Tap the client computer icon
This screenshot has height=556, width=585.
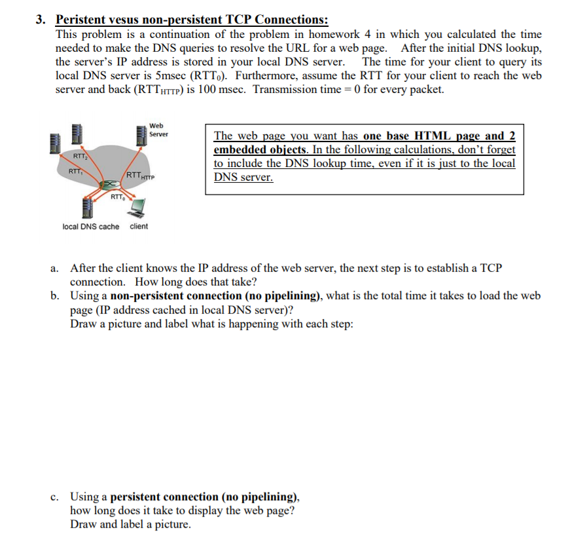pos(137,208)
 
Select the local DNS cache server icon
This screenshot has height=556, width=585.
pos(86,208)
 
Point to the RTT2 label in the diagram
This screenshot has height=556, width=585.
pos(79,157)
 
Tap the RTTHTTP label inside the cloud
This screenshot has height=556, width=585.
pos(139,176)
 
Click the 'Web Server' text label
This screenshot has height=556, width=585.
pos(158,130)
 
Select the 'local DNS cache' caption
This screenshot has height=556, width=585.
pos(90,227)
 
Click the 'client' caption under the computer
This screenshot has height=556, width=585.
pos(139,227)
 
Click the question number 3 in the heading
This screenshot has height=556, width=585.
pos(40,20)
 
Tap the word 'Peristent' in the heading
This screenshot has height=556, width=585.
pos(80,20)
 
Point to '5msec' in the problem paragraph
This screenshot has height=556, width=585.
pos(171,75)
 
